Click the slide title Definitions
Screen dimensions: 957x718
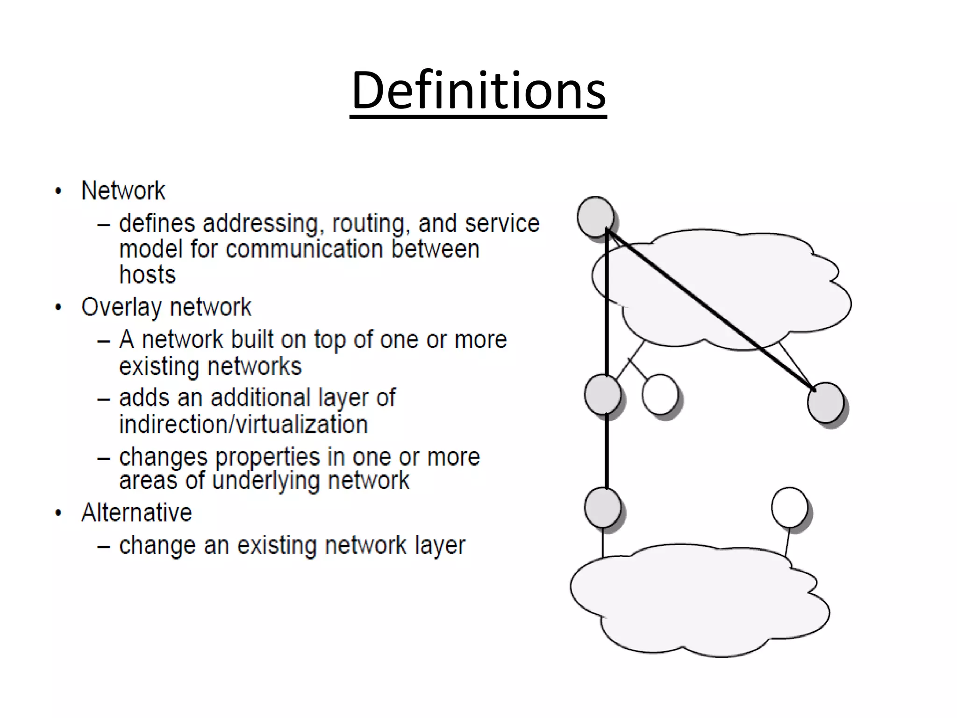tap(478, 90)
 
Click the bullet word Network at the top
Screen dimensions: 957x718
tap(123, 191)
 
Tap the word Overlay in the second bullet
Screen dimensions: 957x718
tap(122, 307)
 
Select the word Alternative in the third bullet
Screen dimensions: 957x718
tap(136, 512)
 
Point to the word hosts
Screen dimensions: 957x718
tap(147, 274)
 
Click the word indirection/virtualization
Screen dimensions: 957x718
tap(243, 424)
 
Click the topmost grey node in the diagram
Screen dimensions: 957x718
tap(595, 217)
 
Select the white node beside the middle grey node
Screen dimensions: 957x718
tap(660, 395)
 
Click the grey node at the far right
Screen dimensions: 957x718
tap(825, 402)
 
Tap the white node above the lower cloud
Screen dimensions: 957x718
tap(789, 507)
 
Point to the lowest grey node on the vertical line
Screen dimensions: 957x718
tap(602, 508)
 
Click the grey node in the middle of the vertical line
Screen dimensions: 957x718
tap(602, 395)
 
